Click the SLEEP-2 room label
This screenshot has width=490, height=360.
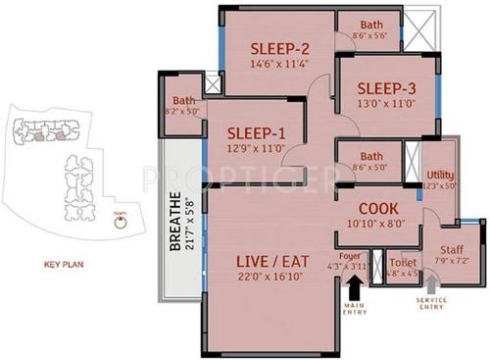click(279, 49)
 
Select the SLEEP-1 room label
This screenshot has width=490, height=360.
click(256, 134)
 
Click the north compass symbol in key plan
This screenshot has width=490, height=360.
click(120, 222)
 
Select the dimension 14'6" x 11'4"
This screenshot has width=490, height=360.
click(279, 66)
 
